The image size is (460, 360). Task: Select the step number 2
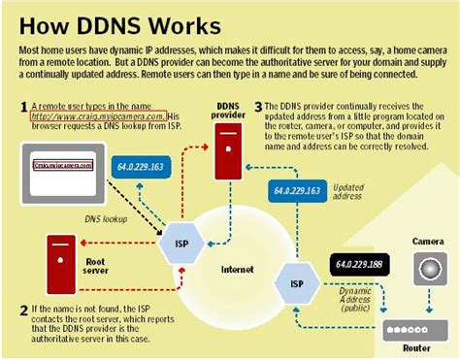pos(23,311)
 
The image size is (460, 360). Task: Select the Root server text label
pos(95,264)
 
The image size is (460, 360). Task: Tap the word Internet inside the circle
pos(236,268)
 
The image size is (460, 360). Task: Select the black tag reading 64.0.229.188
pos(359,264)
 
